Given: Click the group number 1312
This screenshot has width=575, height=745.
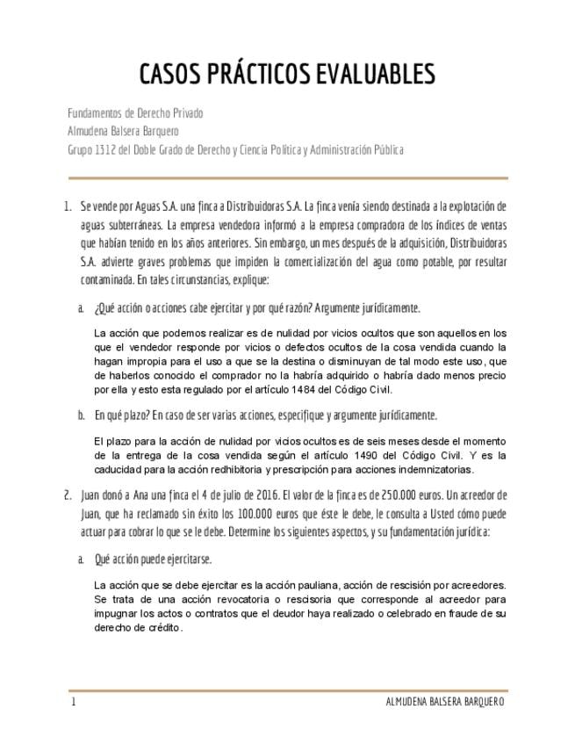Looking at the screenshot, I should point(106,149).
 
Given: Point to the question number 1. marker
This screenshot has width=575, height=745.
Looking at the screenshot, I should point(67,207).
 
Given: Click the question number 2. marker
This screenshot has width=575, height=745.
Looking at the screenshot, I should point(67,494).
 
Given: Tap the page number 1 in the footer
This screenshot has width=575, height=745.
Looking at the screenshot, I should point(74,702).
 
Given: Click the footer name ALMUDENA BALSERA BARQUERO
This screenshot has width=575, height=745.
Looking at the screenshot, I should point(445,702).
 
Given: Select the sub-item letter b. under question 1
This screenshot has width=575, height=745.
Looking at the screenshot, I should point(81,416).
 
